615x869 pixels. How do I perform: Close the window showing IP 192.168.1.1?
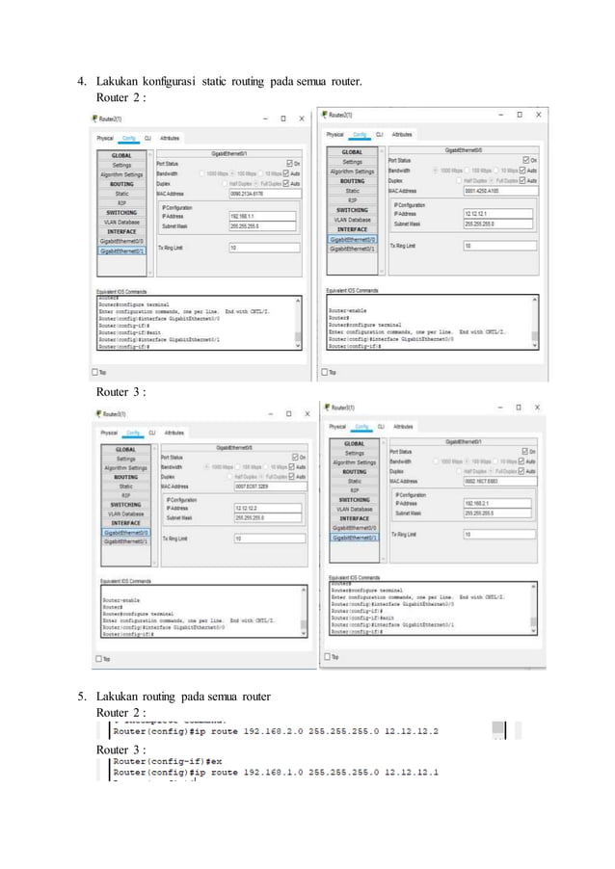coord(302,119)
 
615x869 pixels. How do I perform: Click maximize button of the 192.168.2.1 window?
coord(519,407)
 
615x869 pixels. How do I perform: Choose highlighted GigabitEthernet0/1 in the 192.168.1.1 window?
coord(122,250)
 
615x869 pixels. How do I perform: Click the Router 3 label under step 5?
coord(120,750)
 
